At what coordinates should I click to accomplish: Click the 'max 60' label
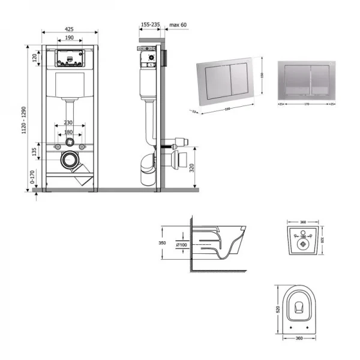pos(179,25)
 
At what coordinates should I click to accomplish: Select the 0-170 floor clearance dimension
pos(31,178)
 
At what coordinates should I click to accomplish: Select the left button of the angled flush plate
pos(218,82)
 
